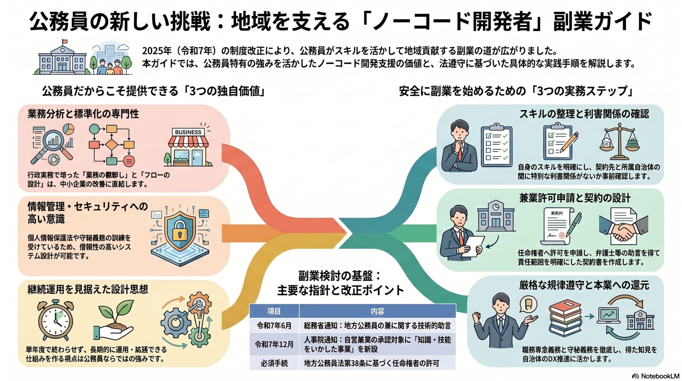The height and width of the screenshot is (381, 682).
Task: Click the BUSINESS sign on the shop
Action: [188, 132]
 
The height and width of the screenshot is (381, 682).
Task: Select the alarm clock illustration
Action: [55, 320]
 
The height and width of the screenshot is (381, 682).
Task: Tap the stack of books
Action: [565, 318]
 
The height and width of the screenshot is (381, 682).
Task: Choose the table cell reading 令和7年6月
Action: [274, 325]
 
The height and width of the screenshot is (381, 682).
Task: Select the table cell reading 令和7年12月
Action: [274, 344]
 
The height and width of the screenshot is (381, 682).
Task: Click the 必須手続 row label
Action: [274, 363]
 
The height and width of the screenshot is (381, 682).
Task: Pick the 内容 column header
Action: [377, 311]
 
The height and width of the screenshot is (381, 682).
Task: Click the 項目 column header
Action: [274, 311]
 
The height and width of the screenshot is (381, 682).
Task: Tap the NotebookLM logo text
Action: [660, 376]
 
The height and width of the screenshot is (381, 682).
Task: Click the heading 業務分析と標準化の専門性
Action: [83, 114]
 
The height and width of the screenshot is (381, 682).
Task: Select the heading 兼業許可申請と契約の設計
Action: [575, 198]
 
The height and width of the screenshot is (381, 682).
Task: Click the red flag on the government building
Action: [64, 42]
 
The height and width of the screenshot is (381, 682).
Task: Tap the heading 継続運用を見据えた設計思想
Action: [88, 289]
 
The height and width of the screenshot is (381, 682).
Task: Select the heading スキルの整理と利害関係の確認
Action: [584, 114]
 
